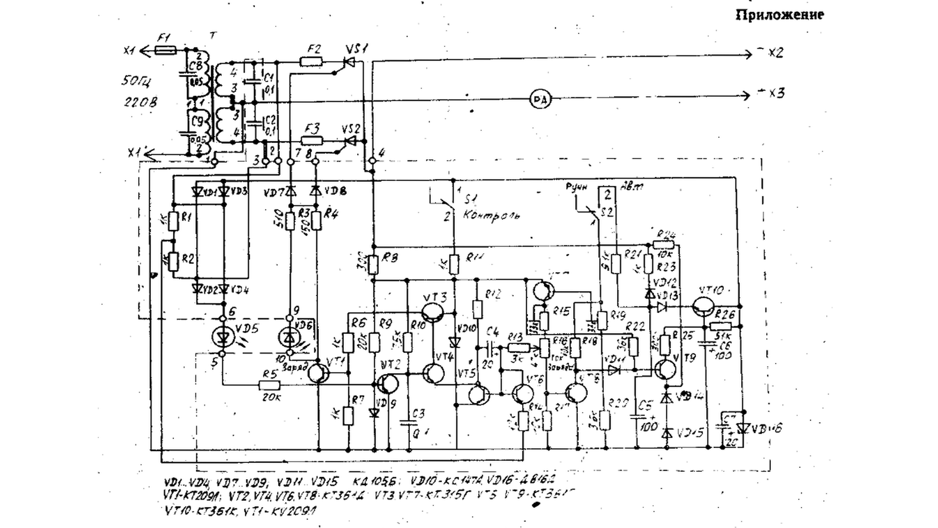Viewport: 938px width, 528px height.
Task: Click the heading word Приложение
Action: click(x=779, y=15)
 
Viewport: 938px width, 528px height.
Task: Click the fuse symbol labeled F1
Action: click(x=166, y=50)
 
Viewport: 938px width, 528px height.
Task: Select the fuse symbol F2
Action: click(x=311, y=62)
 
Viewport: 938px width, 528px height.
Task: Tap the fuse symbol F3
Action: click(x=312, y=141)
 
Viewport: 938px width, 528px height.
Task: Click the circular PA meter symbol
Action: click(x=540, y=100)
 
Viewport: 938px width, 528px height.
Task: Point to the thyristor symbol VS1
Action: click(x=349, y=62)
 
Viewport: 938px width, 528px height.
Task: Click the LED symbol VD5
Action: click(x=224, y=336)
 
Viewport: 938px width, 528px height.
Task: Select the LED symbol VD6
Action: click(x=290, y=336)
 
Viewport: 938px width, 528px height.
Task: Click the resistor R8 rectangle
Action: click(x=373, y=264)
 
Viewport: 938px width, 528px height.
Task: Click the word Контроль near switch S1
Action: click(x=491, y=215)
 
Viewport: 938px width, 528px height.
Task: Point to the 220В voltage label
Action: click(x=140, y=103)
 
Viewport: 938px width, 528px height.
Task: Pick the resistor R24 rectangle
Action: click(x=664, y=245)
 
